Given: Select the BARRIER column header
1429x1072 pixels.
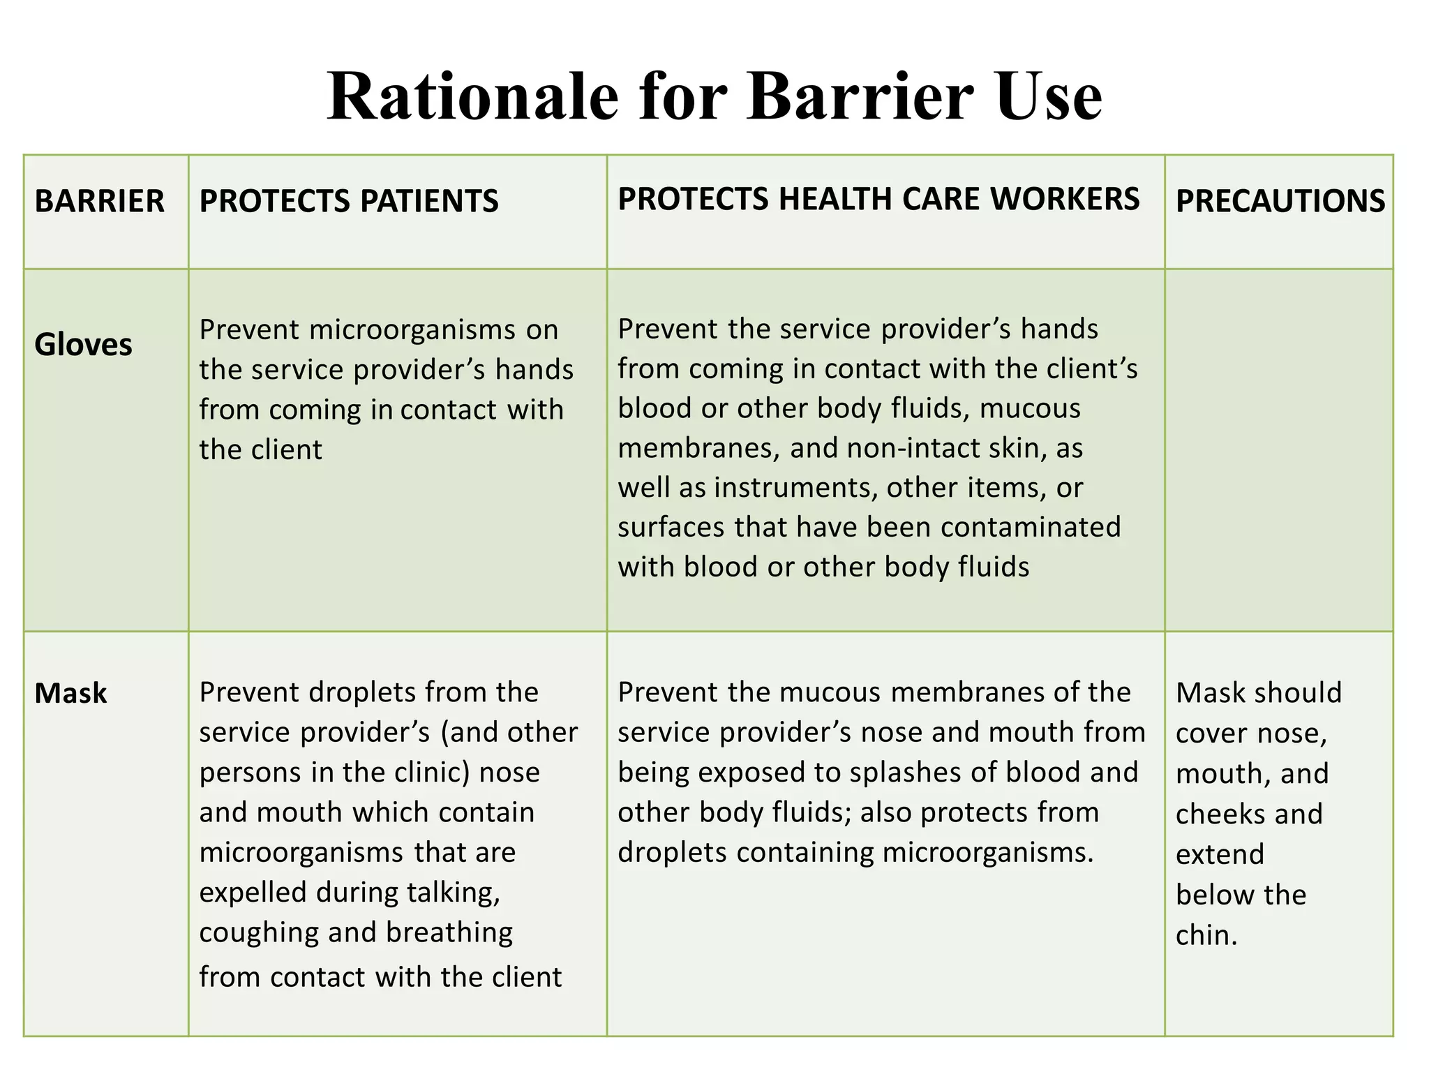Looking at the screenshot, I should pyautogui.click(x=99, y=202).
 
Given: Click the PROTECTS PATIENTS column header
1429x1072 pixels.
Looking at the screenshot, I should pyautogui.click(x=349, y=202).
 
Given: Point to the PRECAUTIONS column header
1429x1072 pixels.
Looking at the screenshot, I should pyautogui.click(x=1280, y=202).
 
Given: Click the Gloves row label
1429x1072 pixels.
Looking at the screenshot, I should pyautogui.click(x=83, y=345).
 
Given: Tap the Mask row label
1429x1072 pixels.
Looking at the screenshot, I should pyautogui.click(x=70, y=694).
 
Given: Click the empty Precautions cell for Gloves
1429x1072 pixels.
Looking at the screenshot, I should pyautogui.click(x=1278, y=449).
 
